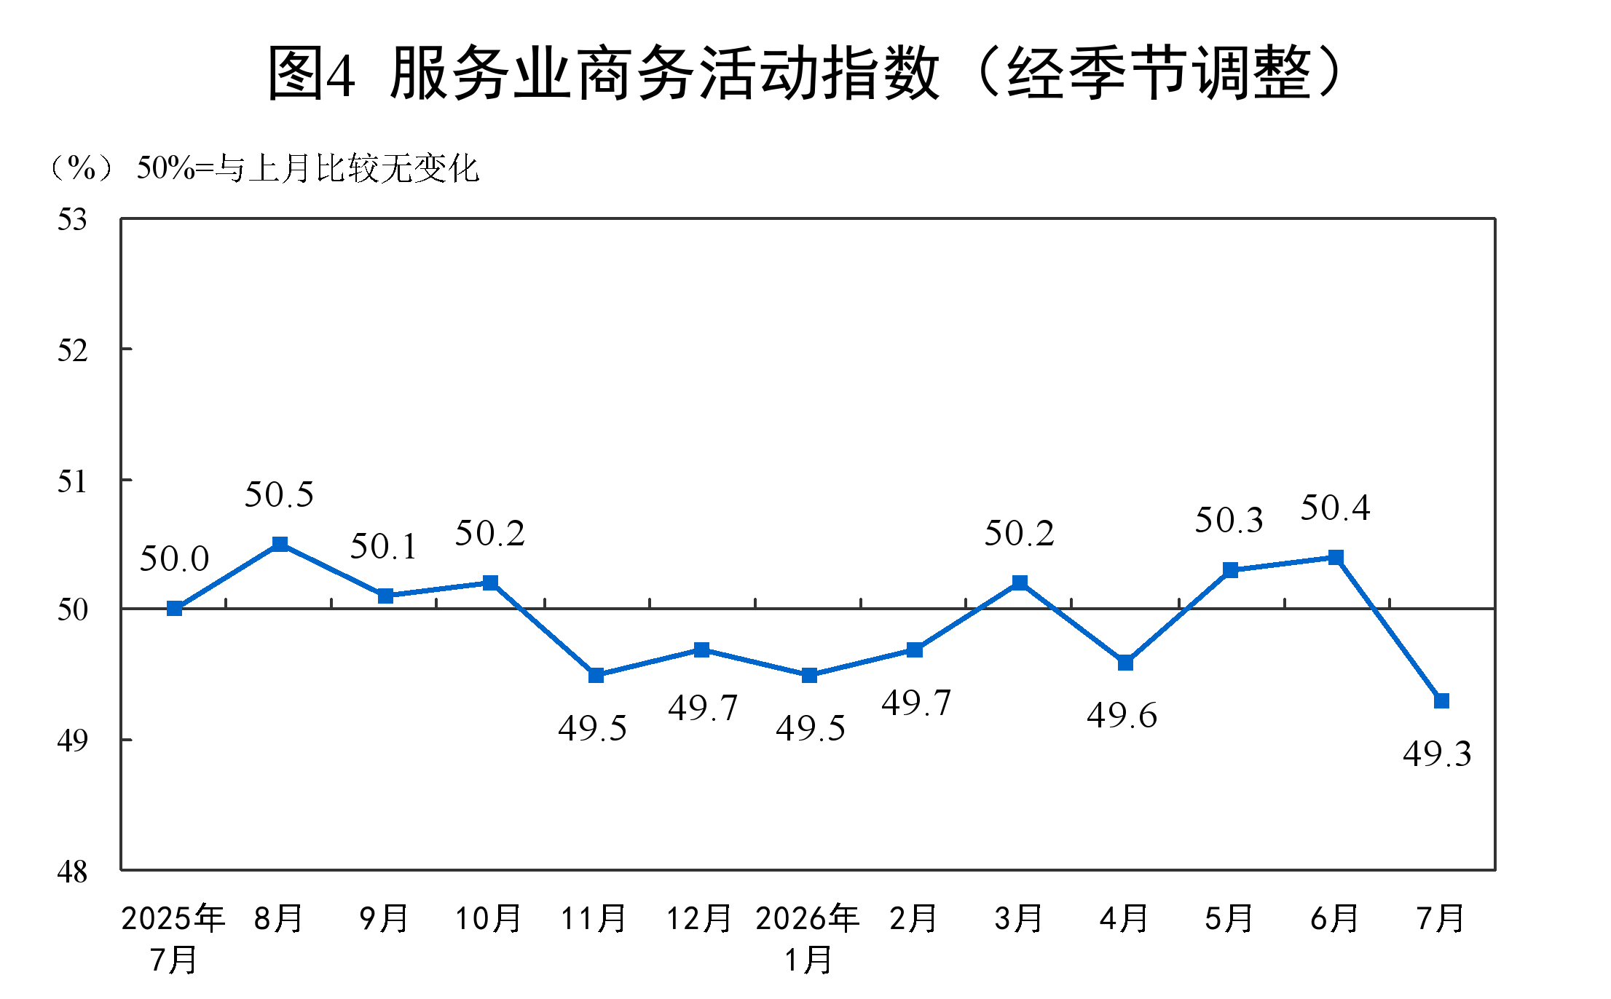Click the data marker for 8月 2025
pyautogui.click(x=280, y=544)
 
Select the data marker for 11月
pyautogui.click(x=596, y=675)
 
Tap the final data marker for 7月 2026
pyautogui.click(x=1441, y=700)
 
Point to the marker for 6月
pyautogui.click(x=1336, y=557)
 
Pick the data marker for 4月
pyautogui.click(x=1125, y=663)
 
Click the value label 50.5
pyautogui.click(x=279, y=495)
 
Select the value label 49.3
pyautogui.click(x=1437, y=754)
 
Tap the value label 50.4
pyautogui.click(x=1336, y=508)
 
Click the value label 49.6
pyautogui.click(x=1122, y=715)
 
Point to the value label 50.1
pyautogui.click(x=384, y=547)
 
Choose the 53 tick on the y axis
pyautogui.click(x=72, y=219)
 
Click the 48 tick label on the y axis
pyautogui.click(x=72, y=872)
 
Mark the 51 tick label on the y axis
pyautogui.click(x=72, y=481)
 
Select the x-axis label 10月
pyautogui.click(x=489, y=919)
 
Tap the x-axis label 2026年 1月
pyautogui.click(x=808, y=939)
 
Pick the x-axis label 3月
pyautogui.click(x=1019, y=919)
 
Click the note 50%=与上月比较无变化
pyautogui.click(x=308, y=169)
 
